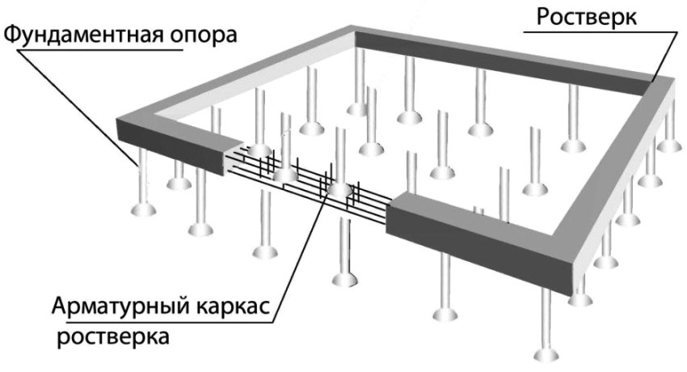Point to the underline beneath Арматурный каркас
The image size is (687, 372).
[162, 320]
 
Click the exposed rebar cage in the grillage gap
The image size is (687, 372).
[307, 182]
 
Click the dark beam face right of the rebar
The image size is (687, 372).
[477, 243]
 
